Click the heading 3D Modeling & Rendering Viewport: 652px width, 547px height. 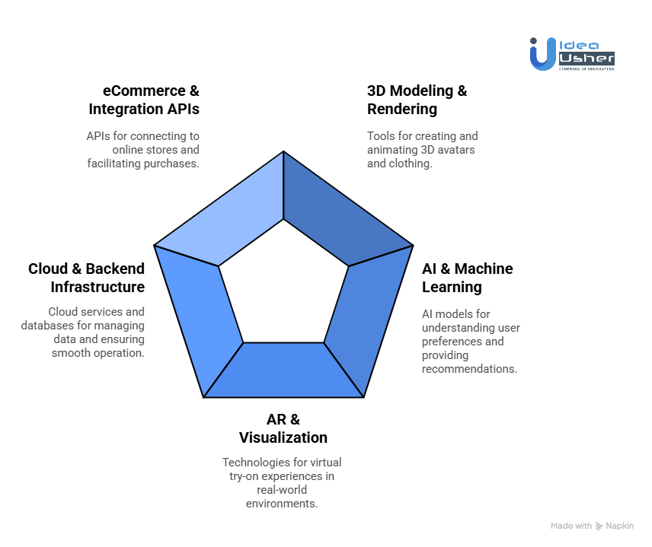[x=417, y=100]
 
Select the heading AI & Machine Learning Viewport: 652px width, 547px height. [x=467, y=278]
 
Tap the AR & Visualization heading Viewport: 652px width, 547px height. [x=283, y=428]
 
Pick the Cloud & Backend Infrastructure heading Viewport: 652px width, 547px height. [x=86, y=278]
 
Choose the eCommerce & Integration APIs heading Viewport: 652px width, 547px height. [x=144, y=100]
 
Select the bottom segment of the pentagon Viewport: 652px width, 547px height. [x=283, y=370]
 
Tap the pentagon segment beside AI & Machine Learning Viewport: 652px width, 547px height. [x=366, y=320]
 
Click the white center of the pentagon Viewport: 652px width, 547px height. [x=283, y=285]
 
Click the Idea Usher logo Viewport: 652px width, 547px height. [x=572, y=54]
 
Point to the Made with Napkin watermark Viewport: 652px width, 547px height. [x=592, y=526]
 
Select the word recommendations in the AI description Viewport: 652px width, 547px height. [x=469, y=369]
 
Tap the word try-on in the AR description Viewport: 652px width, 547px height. [x=248, y=476]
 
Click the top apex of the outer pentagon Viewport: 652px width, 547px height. [x=283, y=151]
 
